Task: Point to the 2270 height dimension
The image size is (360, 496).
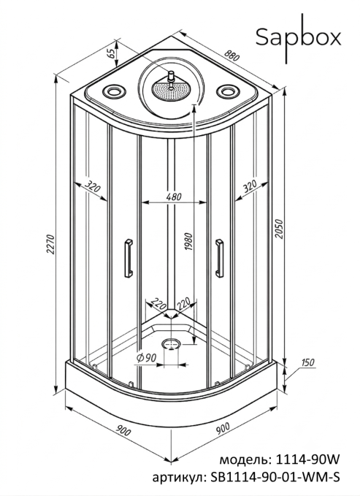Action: tap(50, 244)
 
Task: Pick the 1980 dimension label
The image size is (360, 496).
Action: tap(188, 242)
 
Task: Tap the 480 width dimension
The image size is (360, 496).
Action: tap(174, 197)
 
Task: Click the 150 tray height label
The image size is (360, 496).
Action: tap(307, 362)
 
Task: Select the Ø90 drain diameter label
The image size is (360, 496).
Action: tap(146, 358)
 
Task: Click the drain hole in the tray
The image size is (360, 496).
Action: tap(172, 344)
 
